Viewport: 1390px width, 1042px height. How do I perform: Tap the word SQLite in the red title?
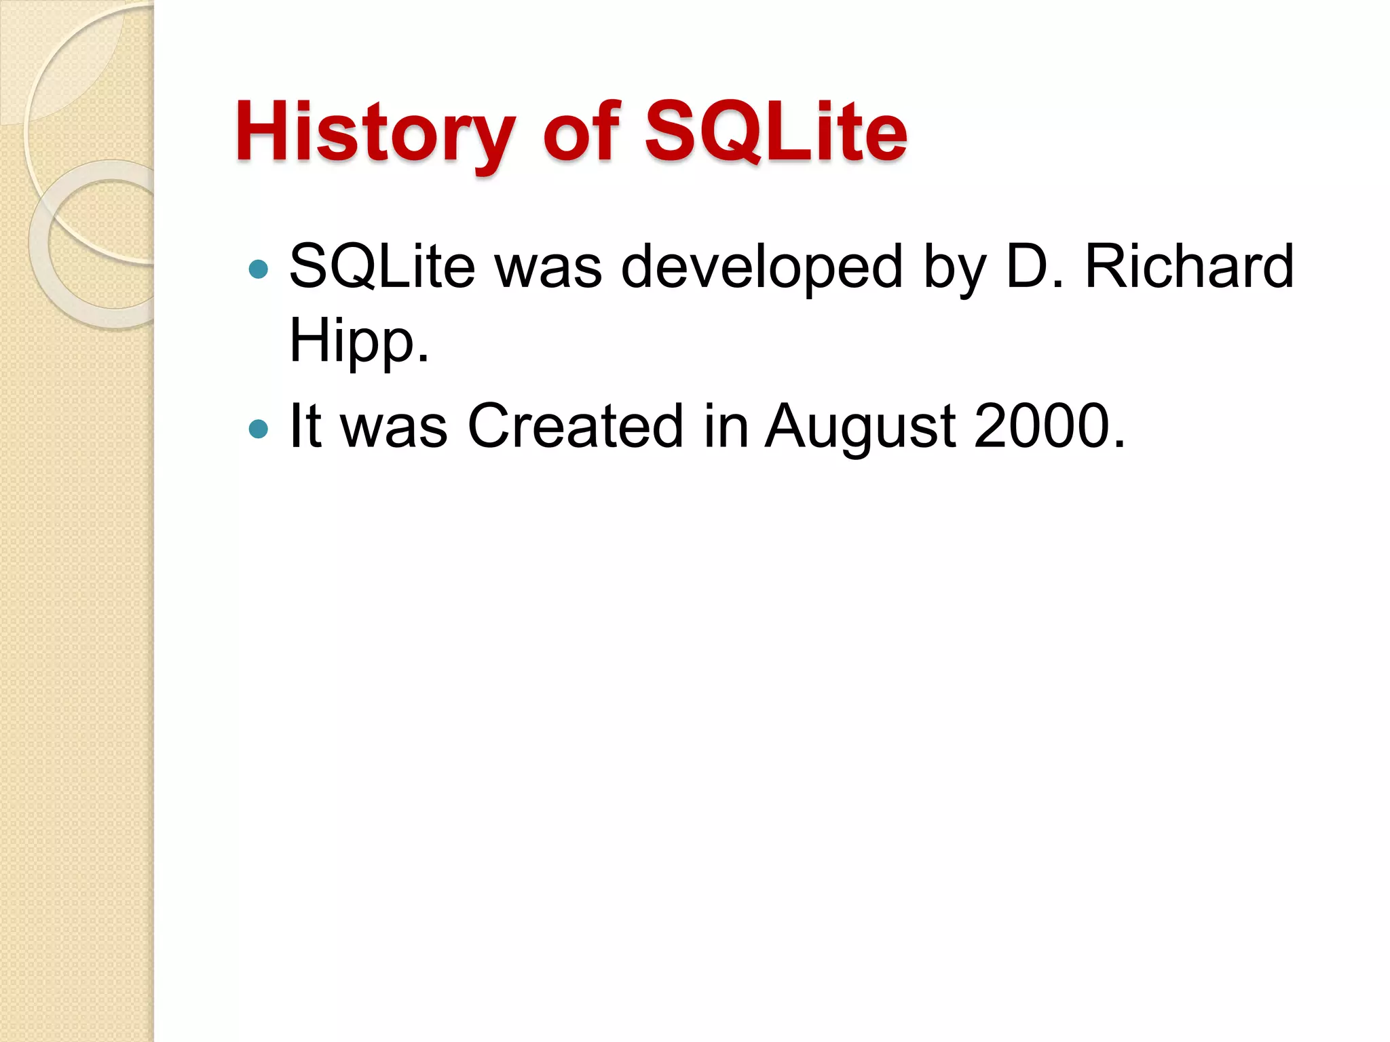(x=775, y=132)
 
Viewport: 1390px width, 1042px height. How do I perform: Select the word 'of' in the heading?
(x=581, y=132)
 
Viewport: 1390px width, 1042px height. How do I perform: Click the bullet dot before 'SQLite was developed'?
(x=259, y=269)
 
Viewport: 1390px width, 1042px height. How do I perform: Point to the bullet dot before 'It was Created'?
(x=259, y=429)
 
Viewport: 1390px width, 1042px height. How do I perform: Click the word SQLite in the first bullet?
(x=382, y=267)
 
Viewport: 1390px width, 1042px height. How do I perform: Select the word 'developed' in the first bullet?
(x=762, y=267)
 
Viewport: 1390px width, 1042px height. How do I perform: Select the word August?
(x=861, y=427)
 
